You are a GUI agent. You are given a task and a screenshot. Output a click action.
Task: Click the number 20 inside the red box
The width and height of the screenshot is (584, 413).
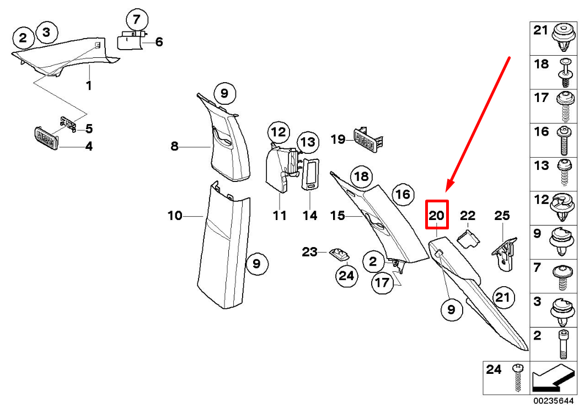[437, 215]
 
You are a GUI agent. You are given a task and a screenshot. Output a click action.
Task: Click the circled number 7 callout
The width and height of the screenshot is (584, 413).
[134, 20]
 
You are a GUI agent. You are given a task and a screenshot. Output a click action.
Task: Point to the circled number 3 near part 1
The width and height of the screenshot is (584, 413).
[46, 33]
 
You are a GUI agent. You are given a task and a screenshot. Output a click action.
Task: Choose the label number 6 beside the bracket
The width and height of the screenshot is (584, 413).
[159, 42]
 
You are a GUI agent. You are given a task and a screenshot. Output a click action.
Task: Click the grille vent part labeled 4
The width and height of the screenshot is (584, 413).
[47, 137]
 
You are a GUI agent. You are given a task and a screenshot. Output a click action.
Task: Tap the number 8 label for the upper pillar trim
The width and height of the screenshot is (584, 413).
[174, 146]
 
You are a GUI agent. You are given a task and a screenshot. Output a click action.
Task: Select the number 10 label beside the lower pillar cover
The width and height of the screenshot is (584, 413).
[175, 216]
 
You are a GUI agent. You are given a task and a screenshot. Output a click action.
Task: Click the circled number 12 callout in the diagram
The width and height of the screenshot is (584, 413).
[279, 132]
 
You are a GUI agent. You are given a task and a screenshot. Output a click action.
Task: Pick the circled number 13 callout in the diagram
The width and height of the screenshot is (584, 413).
[309, 143]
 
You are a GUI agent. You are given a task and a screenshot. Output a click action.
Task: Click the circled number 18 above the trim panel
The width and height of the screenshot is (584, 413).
[361, 176]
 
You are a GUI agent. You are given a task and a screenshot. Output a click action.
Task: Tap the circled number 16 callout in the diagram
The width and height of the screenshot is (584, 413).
[403, 194]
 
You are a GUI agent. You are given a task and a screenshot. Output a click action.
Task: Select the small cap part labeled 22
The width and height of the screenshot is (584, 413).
[468, 238]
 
